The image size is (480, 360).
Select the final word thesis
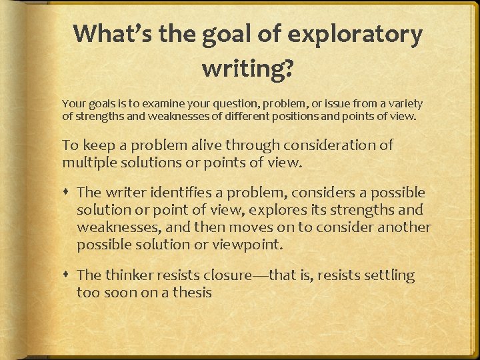pos(192,292)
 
